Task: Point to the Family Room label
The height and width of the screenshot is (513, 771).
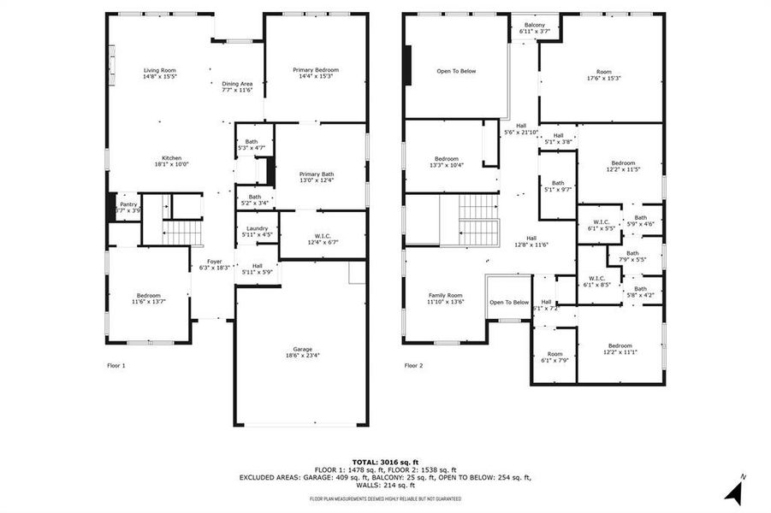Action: coord(445,298)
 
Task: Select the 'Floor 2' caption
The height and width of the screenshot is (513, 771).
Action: coord(413,365)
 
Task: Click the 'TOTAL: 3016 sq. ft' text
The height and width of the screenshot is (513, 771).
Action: coord(385,462)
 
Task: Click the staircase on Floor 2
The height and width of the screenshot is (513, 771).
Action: coord(478,219)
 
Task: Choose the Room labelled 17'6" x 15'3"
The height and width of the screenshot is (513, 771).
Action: coord(603,75)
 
